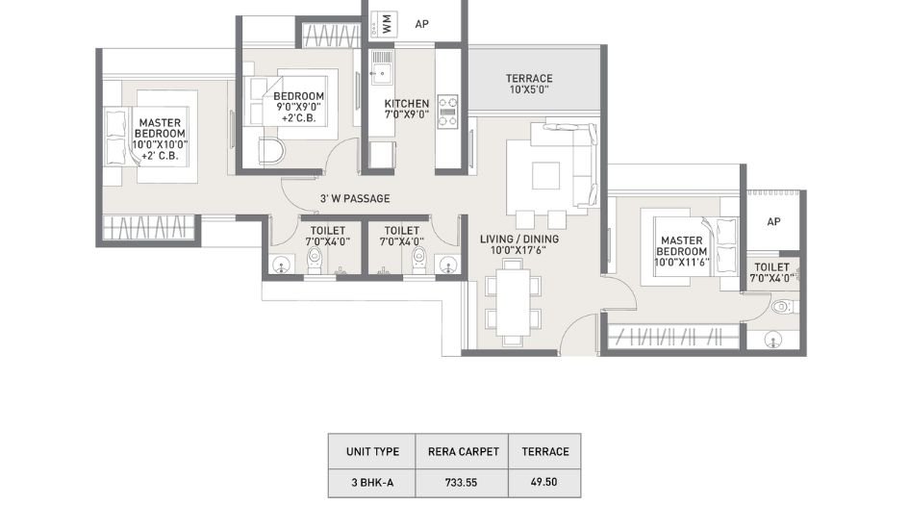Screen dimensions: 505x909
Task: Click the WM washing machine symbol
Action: click(387, 25)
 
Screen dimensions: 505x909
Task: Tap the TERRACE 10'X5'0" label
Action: click(529, 84)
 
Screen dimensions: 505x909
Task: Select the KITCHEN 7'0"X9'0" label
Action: click(406, 110)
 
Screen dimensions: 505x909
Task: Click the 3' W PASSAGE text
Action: click(354, 199)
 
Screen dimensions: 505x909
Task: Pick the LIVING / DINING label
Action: click(519, 240)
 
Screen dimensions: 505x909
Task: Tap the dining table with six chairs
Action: click(506, 299)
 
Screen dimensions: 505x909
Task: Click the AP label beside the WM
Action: click(421, 25)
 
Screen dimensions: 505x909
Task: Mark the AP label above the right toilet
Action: click(773, 221)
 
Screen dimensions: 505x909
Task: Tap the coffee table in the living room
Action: click(546, 175)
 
